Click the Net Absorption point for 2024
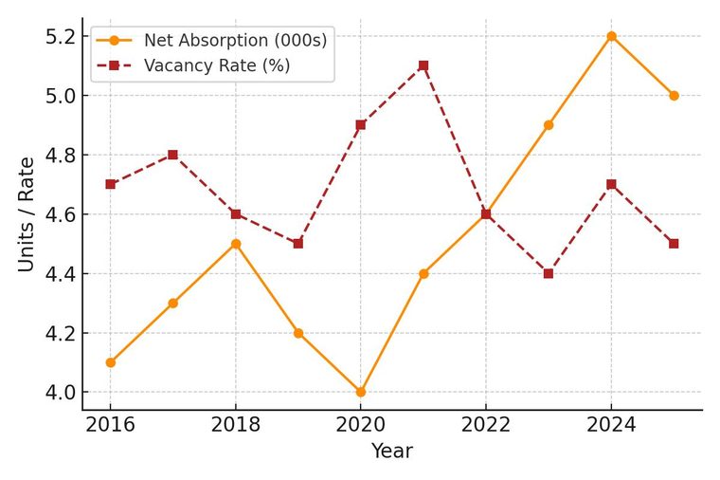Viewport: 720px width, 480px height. [611, 36]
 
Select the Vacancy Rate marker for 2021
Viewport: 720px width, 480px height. [423, 65]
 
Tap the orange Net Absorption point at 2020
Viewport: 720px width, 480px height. [360, 392]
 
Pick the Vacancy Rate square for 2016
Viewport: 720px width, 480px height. [110, 184]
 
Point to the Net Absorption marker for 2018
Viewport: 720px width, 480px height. [236, 244]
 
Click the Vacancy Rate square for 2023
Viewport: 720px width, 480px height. [549, 273]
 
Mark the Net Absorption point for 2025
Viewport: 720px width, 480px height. [674, 96]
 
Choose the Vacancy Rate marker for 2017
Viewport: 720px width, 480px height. [172, 155]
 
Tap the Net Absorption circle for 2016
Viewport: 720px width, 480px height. [110, 362]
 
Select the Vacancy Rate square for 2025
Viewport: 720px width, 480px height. [674, 244]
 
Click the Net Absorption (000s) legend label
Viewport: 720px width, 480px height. [236, 41]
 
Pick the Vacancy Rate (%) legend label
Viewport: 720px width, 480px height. [217, 65]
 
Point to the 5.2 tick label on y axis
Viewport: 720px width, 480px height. [60, 37]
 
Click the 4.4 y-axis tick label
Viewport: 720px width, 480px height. [60, 274]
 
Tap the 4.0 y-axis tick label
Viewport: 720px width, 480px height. [60, 393]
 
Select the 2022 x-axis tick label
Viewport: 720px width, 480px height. [486, 425]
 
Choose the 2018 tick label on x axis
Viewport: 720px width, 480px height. [236, 425]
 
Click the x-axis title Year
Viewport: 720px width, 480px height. [392, 451]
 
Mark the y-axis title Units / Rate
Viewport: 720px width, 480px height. [27, 214]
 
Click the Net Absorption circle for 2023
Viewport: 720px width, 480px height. [549, 125]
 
